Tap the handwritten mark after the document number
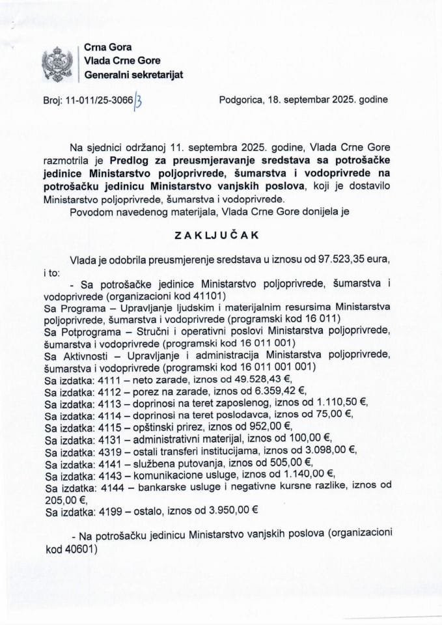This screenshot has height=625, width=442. click(x=138, y=100)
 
